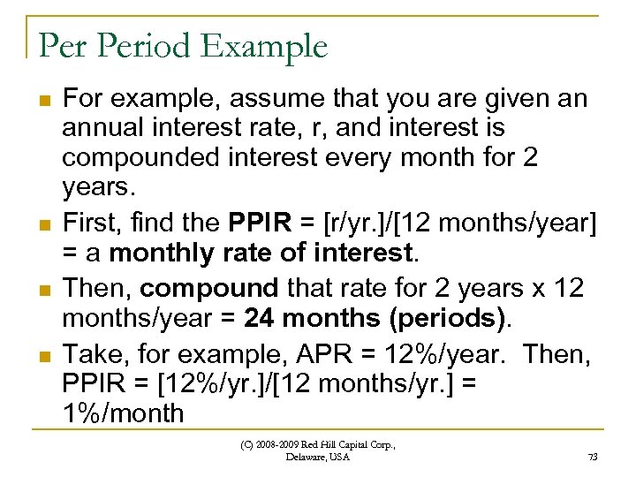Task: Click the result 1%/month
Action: click(x=123, y=413)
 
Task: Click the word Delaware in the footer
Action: click(x=306, y=458)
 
